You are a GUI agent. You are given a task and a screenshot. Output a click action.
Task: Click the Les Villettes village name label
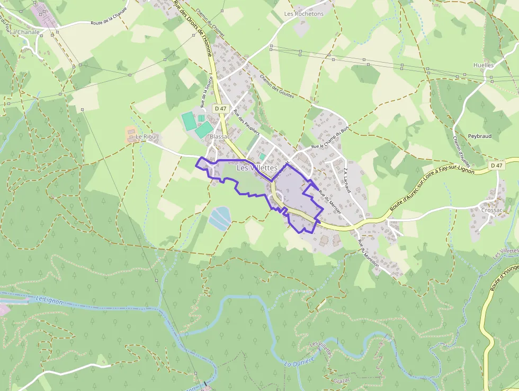pyautogui.click(x=257, y=168)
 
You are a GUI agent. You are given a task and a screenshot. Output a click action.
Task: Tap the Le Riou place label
pyautogui.click(x=146, y=137)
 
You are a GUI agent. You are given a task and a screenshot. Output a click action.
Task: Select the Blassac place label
pyautogui.click(x=220, y=136)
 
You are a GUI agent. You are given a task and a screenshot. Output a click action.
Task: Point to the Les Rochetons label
pyautogui.click(x=303, y=14)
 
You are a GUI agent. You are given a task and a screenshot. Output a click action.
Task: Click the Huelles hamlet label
pyautogui.click(x=484, y=65)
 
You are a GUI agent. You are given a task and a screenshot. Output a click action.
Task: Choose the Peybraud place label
pyautogui.click(x=480, y=136)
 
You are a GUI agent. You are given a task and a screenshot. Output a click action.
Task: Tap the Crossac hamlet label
pyautogui.click(x=492, y=210)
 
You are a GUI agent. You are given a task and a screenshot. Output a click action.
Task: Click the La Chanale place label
pyautogui.click(x=25, y=32)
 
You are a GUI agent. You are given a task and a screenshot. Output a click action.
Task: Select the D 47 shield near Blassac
pyautogui.click(x=220, y=108)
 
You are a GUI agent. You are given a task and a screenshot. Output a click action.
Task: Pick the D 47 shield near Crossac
pyautogui.click(x=496, y=166)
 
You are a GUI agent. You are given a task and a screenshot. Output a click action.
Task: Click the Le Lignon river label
pyautogui.click(x=49, y=300)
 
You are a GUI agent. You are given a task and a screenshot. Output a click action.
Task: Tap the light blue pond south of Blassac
pyautogui.click(x=220, y=218)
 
